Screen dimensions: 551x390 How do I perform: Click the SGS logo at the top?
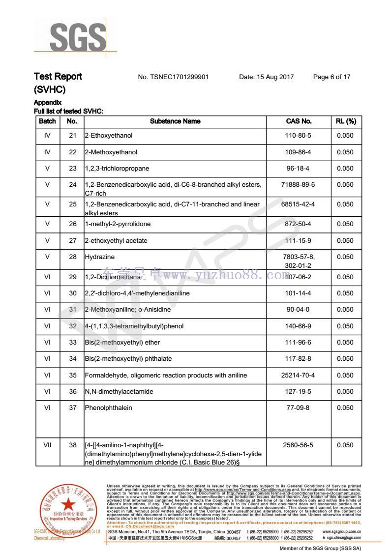pos(77,37)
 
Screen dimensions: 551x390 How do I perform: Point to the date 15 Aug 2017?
pos(266,77)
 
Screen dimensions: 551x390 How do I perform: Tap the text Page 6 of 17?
pos(331,77)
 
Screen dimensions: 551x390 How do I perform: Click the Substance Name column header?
pos(175,121)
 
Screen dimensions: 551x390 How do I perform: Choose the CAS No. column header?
pos(299,121)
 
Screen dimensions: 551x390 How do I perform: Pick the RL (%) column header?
pos(346,121)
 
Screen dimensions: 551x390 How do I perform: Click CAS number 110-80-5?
pos(299,136)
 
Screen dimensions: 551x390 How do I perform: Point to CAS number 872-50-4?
pos(299,225)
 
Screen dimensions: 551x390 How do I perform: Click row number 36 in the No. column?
pos(73,392)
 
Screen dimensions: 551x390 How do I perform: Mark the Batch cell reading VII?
pos(47,445)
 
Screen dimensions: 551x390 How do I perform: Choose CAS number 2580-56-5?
pos(299,445)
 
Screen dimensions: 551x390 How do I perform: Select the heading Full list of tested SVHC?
pos(68,112)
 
